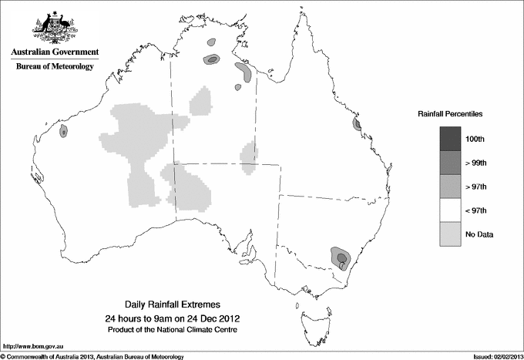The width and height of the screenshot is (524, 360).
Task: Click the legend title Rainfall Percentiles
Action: tap(450, 113)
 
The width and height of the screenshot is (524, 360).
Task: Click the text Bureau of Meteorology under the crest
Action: tap(55, 67)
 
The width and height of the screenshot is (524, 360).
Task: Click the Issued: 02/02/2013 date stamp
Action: tap(492, 355)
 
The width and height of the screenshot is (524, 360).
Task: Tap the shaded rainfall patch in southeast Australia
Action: tap(340, 256)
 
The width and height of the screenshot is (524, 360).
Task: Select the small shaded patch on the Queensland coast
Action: tap(357, 124)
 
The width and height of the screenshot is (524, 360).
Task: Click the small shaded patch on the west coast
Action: tap(63, 132)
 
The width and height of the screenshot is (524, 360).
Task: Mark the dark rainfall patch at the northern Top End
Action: tap(211, 59)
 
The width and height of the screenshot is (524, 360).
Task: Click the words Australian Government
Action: tap(55, 52)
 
